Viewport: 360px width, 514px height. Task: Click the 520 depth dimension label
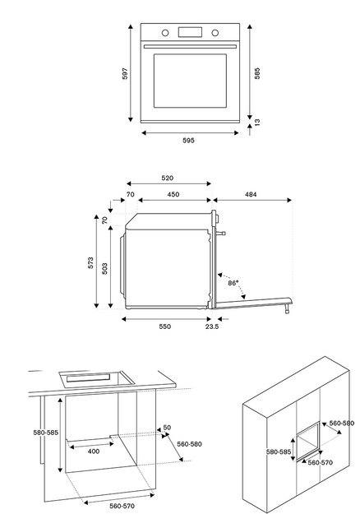[167, 178]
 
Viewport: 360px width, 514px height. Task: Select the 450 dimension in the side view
[174, 195]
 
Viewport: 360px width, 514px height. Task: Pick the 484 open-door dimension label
[251, 195]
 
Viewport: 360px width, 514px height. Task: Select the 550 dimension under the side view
[165, 326]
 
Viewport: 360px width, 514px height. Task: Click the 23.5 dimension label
[211, 326]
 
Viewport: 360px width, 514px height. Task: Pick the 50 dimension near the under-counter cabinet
[167, 428]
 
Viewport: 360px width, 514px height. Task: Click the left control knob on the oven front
[166, 33]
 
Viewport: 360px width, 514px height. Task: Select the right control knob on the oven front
[215, 33]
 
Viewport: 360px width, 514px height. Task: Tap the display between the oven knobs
[191, 33]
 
